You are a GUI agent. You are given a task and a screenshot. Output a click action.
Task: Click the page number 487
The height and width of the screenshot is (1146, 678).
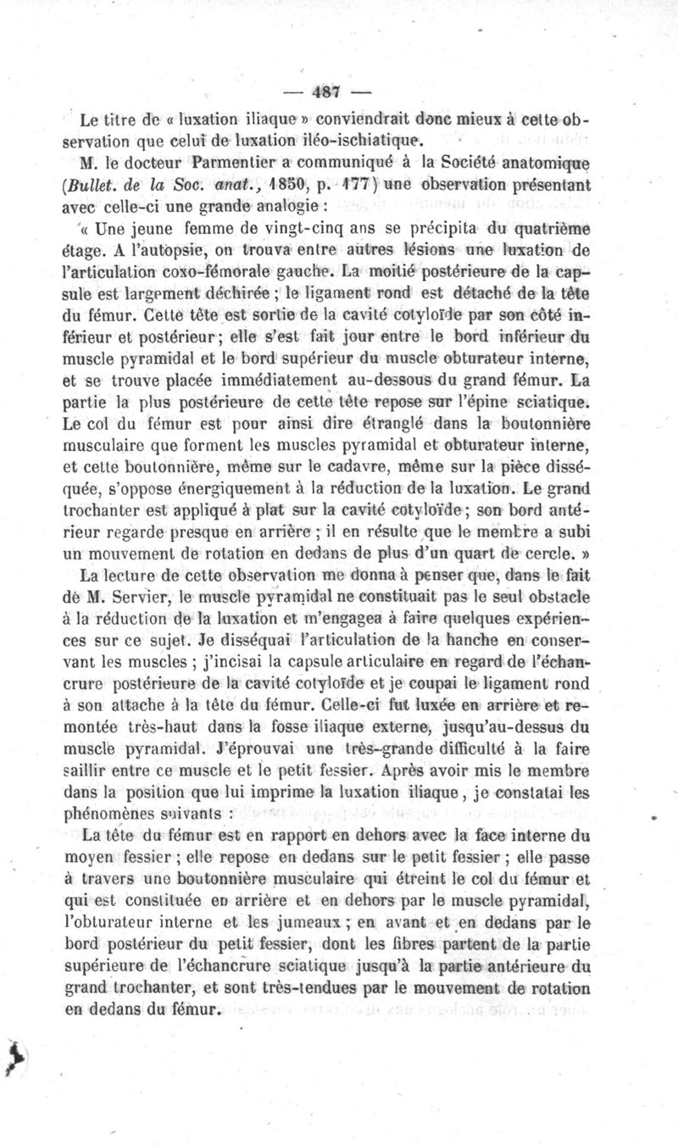pyautogui.click(x=326, y=91)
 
